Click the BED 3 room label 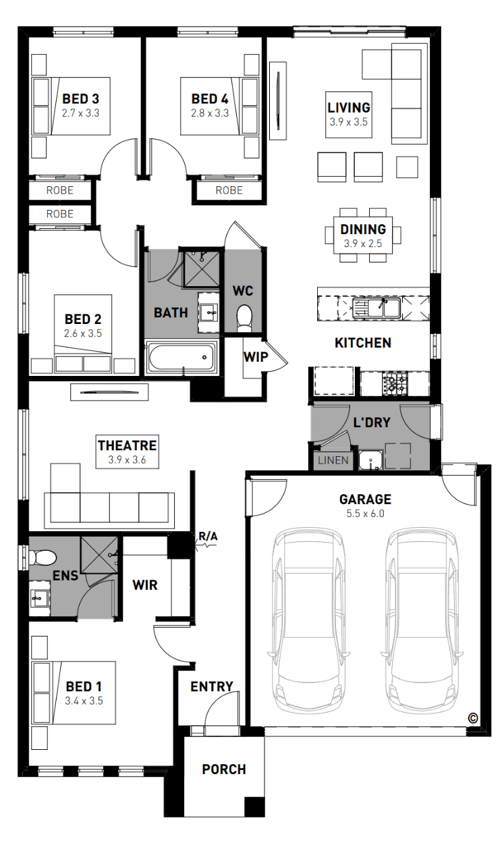(80, 99)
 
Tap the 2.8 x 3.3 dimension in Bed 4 (210, 113)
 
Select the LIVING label (349, 107)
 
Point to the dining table (363, 235)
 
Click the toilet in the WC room (244, 318)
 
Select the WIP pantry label (256, 357)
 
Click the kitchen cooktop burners (395, 383)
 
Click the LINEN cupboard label (333, 460)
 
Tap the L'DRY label (372, 422)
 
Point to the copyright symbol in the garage (472, 718)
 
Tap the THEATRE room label (127, 445)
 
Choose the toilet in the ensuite (43, 557)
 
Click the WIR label (145, 585)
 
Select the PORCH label (224, 769)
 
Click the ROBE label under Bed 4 (229, 190)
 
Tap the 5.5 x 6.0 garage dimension (366, 514)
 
